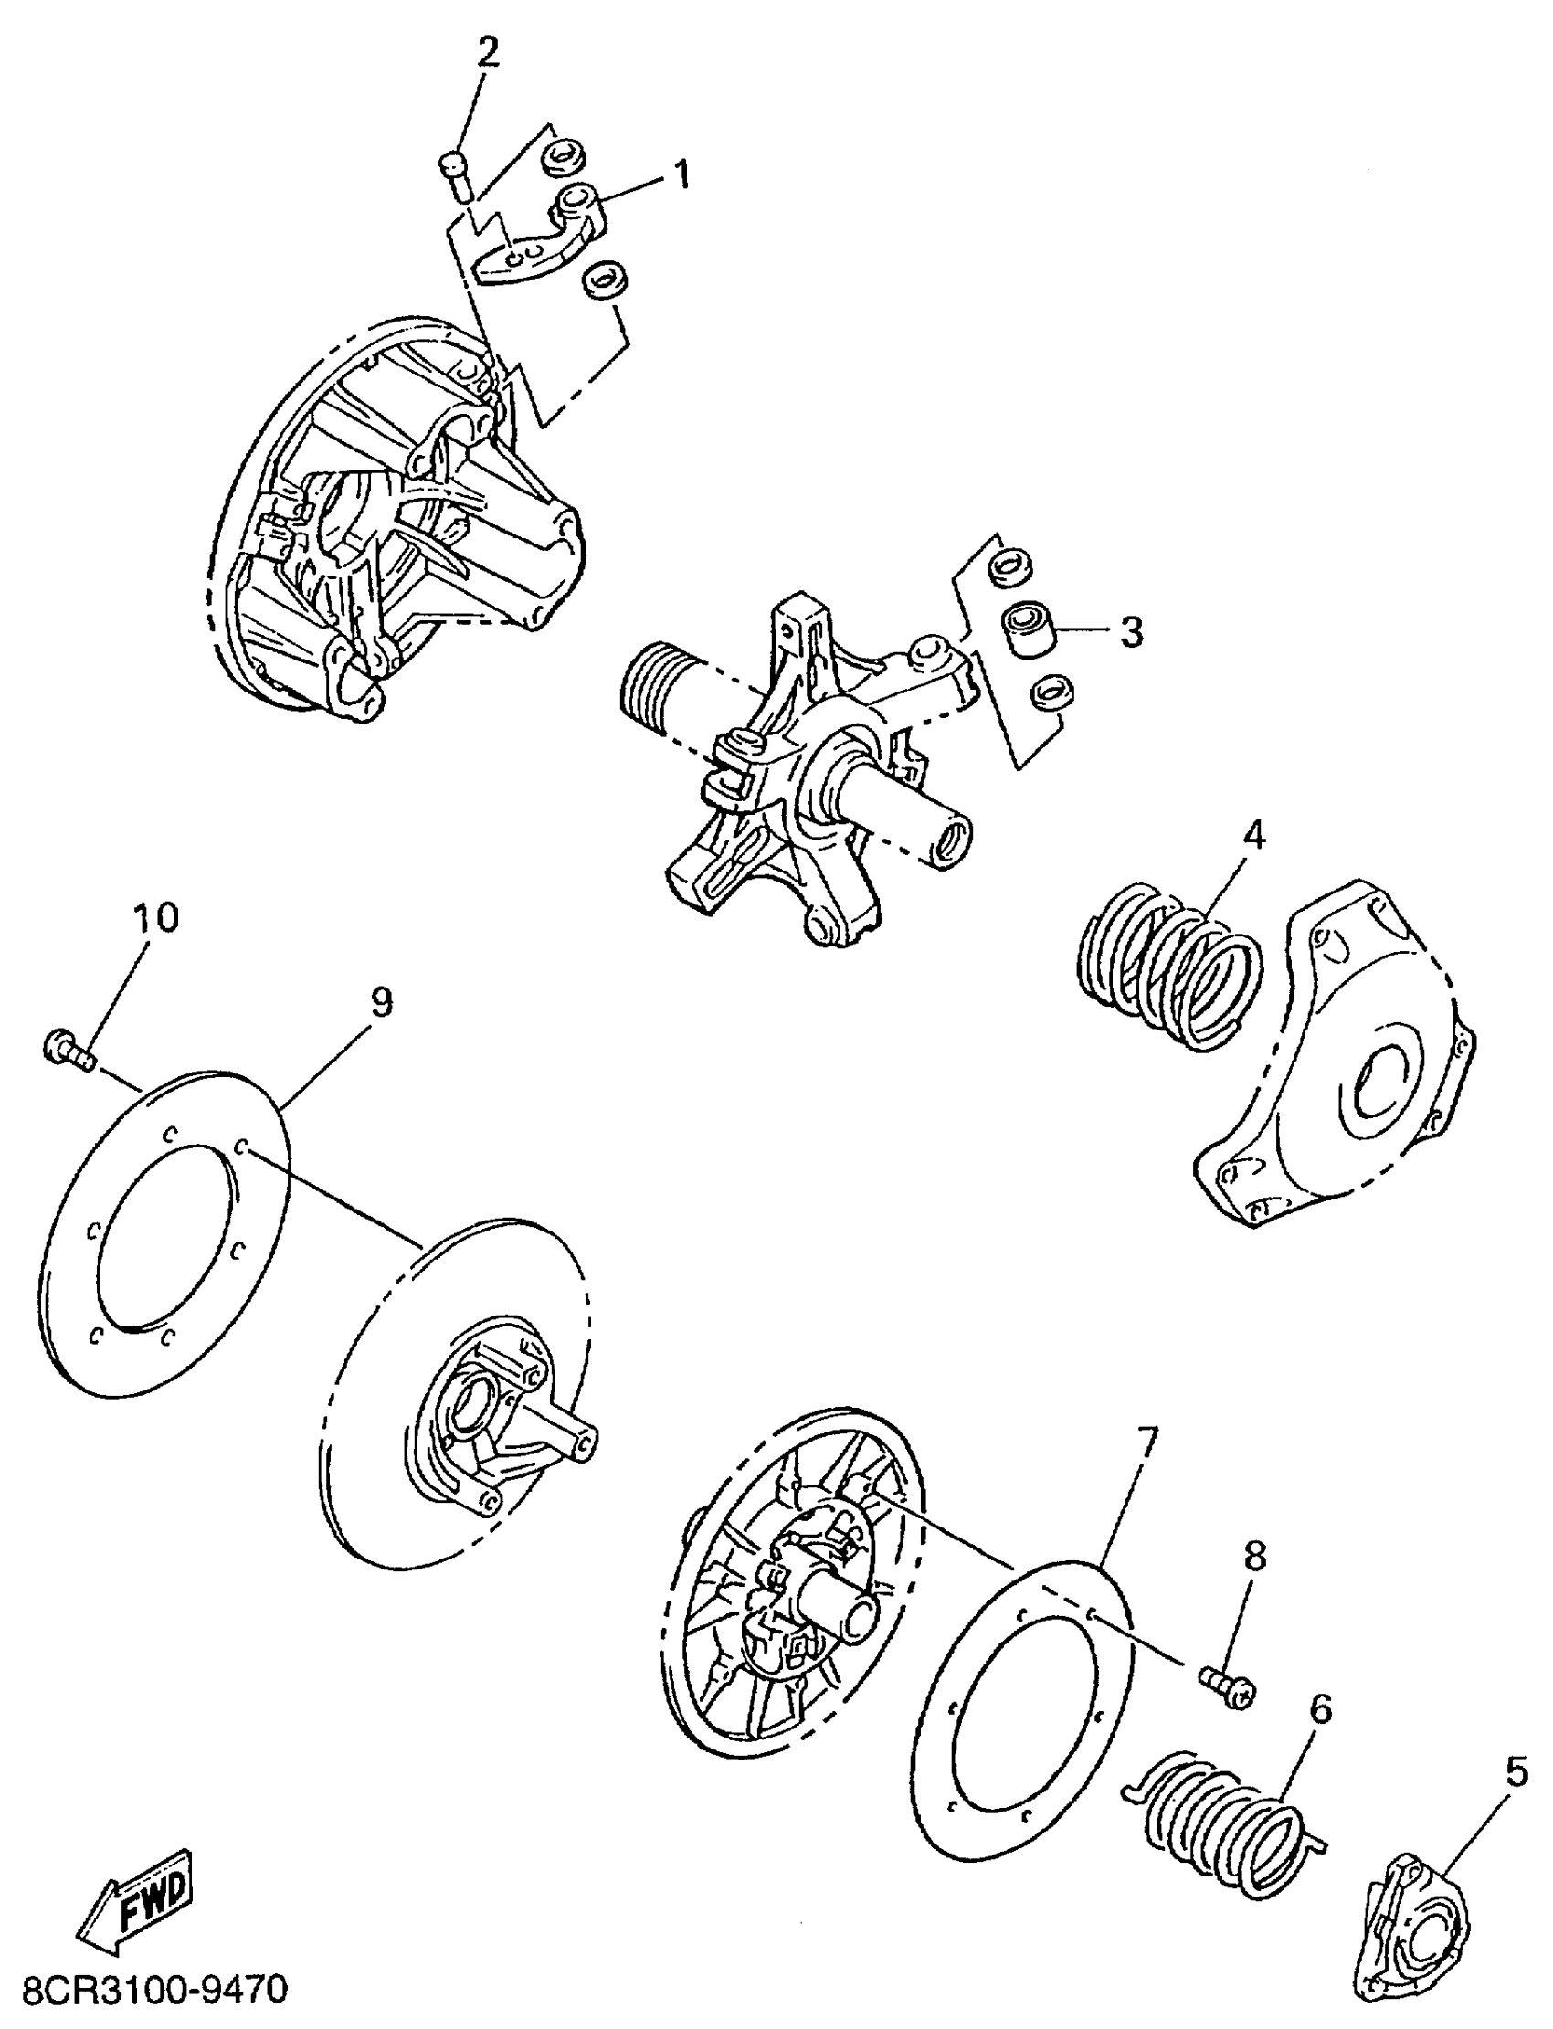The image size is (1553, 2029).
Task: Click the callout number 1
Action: click(681, 174)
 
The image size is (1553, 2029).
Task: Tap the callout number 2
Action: click(487, 53)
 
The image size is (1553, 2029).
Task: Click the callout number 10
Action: click(155, 918)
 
